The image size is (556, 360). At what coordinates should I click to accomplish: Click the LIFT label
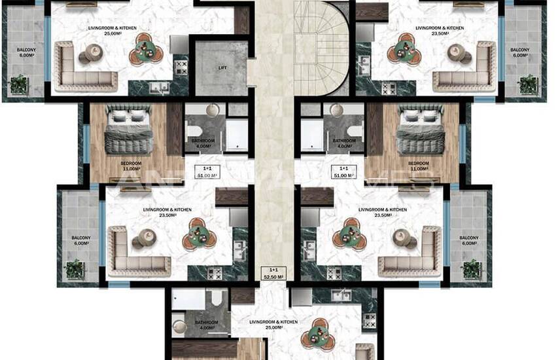click(x=222, y=67)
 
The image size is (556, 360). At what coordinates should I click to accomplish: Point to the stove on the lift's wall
click(x=181, y=67)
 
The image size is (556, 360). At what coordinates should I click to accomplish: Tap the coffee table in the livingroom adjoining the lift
click(x=86, y=58)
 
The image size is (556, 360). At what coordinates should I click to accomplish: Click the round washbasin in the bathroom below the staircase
click(x=339, y=111)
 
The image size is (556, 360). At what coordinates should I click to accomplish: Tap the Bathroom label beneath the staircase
click(x=344, y=144)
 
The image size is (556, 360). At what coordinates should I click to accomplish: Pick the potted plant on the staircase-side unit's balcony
click(x=528, y=84)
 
